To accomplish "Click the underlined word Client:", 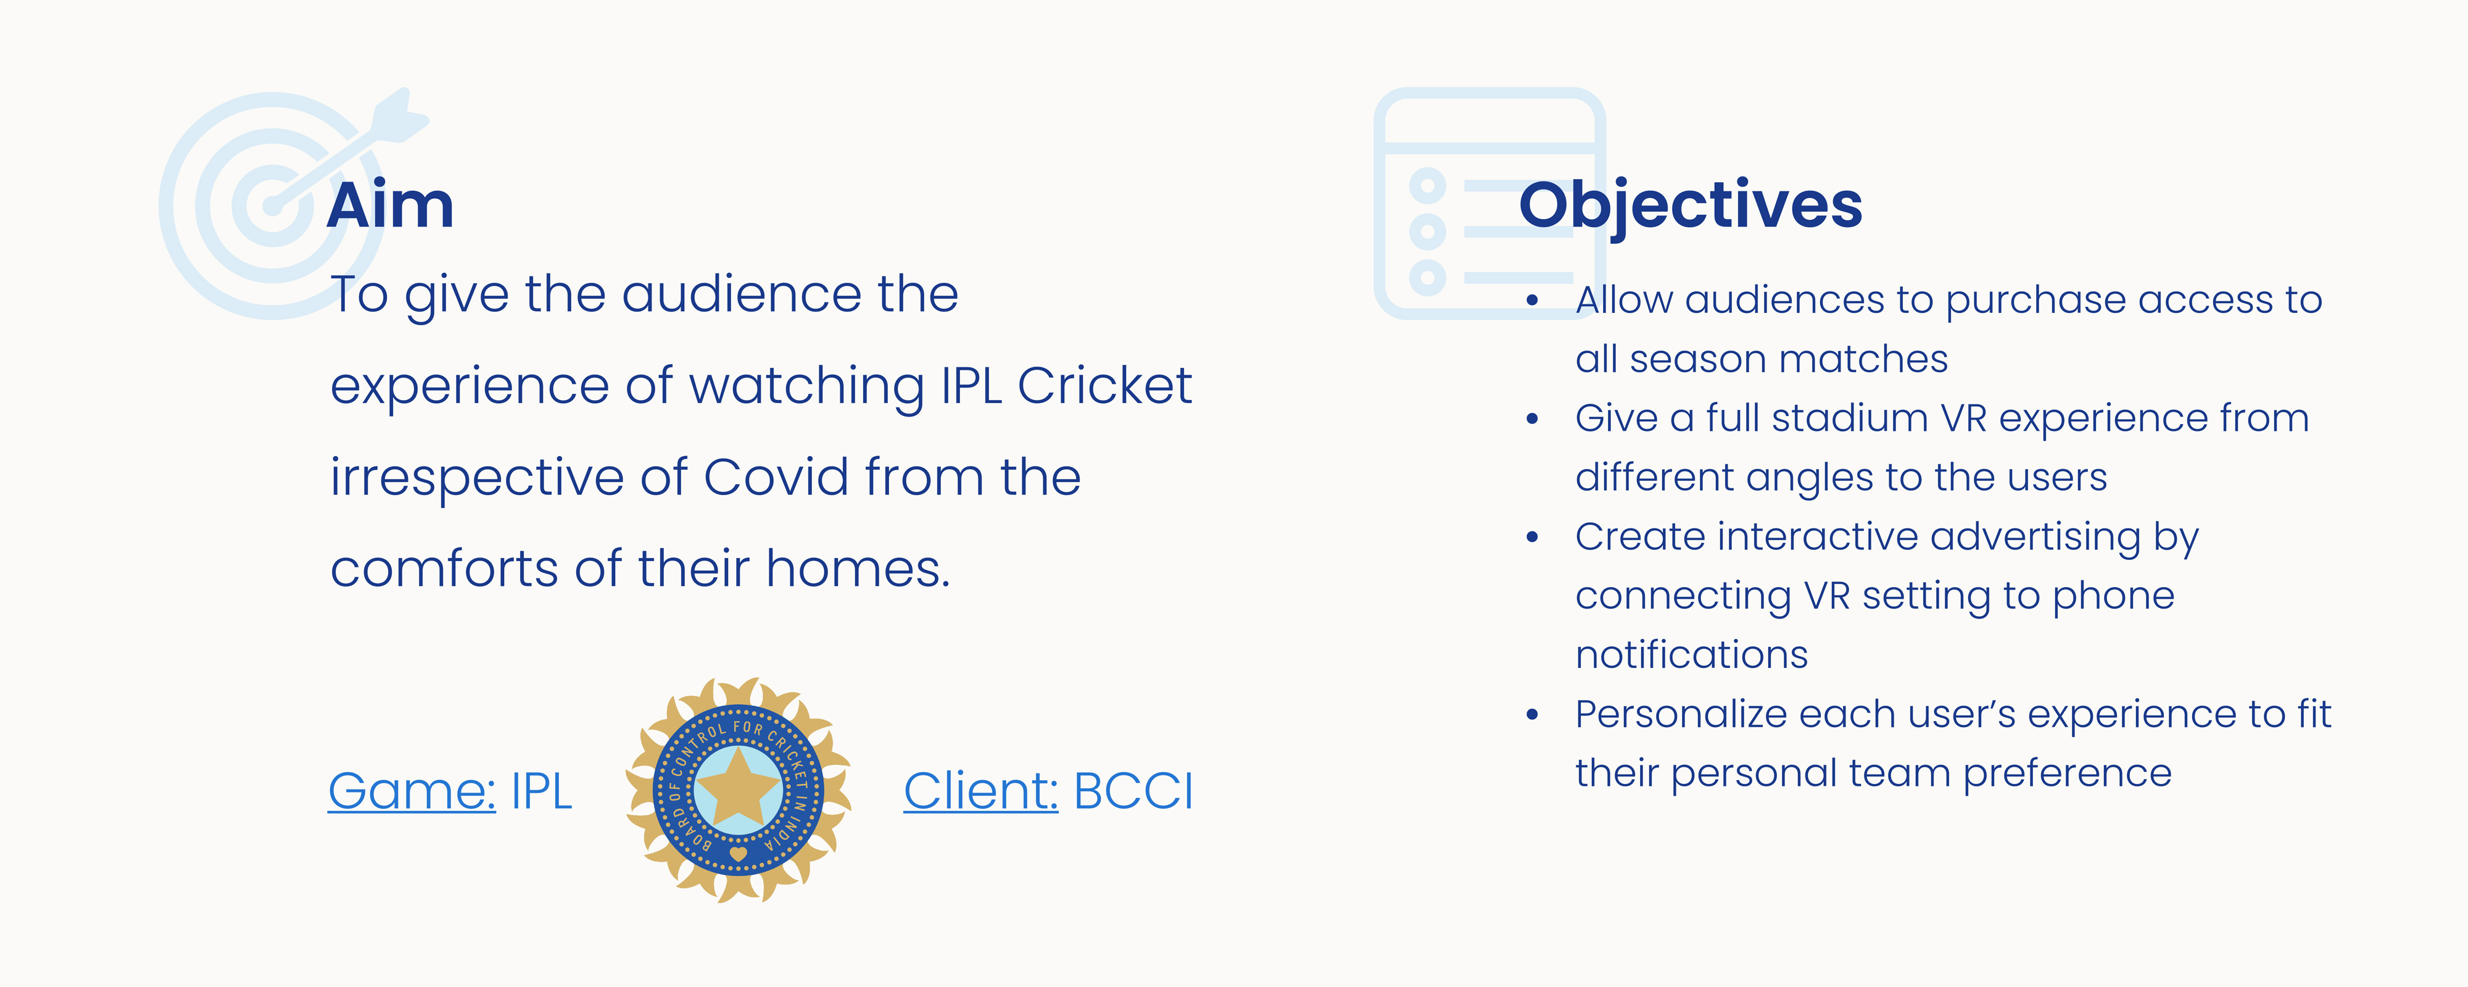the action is [x=981, y=791].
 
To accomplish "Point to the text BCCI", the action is [x=1133, y=791].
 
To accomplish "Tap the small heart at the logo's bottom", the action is [x=738, y=853].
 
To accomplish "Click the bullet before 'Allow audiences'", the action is [x=1532, y=301].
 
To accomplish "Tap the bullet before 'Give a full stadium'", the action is [x=1532, y=419].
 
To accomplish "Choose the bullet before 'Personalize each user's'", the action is [x=1532, y=715].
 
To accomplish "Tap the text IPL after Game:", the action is [x=541, y=791].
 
